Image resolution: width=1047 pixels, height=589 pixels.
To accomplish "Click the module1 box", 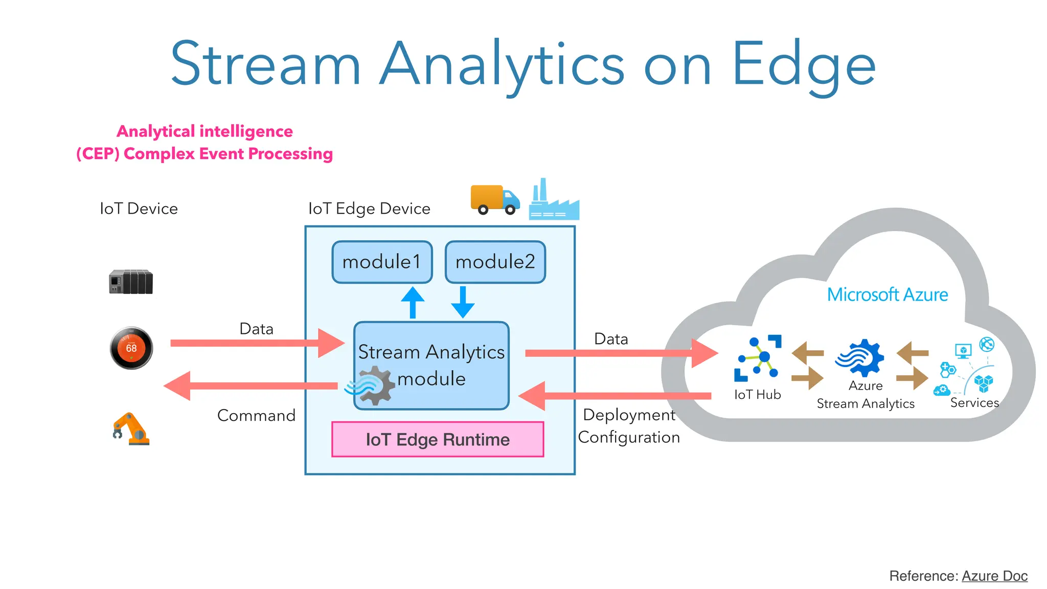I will pos(382,262).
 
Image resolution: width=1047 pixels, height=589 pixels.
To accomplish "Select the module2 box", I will pos(495,262).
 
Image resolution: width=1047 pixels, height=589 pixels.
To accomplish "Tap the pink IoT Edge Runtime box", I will pos(437,439).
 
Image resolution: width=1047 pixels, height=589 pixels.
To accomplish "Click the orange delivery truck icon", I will pos(494,199).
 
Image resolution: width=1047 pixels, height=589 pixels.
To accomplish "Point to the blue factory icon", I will pos(553,201).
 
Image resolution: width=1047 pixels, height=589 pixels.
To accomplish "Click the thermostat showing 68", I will pos(131,348).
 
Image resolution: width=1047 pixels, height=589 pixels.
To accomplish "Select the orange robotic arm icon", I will pos(130,429).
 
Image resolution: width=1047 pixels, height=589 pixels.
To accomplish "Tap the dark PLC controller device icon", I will pos(131,282).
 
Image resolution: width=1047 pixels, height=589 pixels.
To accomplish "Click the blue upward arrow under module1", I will pos(413,303).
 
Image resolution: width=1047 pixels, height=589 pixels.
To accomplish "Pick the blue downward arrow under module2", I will pos(463,302).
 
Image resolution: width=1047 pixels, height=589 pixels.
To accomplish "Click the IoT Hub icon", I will pos(758,358).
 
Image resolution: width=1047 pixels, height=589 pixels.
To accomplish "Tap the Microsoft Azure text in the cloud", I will pos(887,294).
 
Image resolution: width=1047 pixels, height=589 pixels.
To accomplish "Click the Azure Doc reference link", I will pos(994,576).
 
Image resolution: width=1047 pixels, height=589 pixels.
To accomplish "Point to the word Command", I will pos(256,415).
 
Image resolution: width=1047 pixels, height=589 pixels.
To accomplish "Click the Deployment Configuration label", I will pos(629,426).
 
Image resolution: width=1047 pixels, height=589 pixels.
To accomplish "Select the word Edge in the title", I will pos(804,65).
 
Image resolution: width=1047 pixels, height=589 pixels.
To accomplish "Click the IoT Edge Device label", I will pos(369,209).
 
